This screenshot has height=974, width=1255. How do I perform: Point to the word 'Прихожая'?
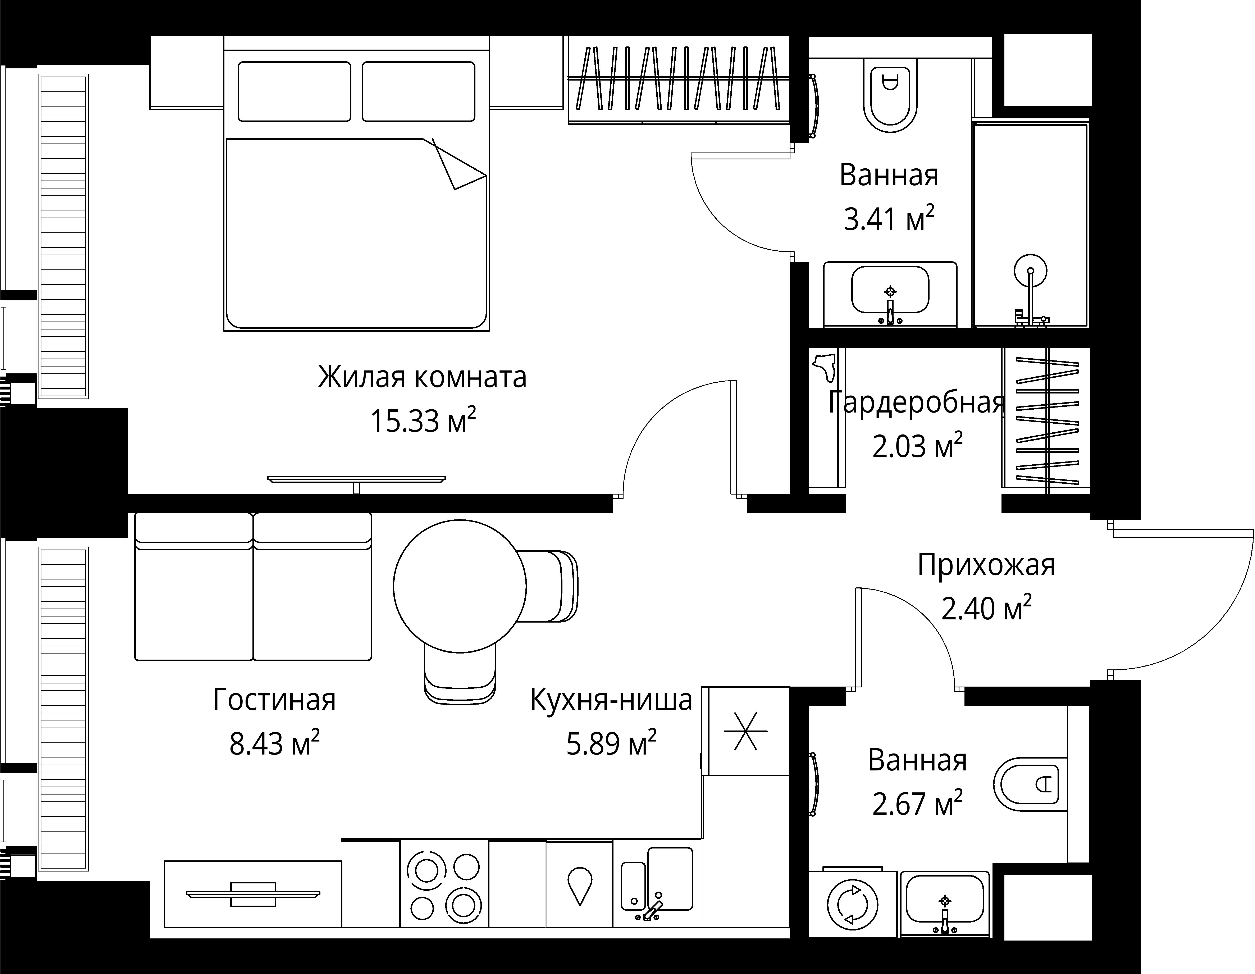point(986,565)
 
